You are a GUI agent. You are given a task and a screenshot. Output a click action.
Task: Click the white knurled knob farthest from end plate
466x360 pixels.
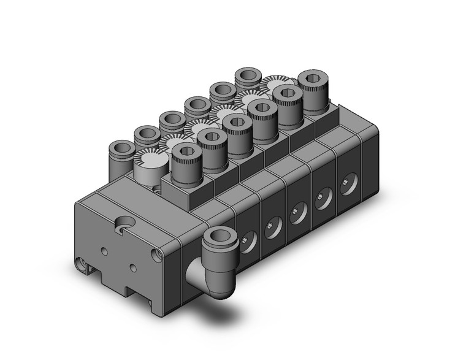click(x=275, y=82)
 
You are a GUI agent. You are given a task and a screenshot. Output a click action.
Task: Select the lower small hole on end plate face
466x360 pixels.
click(x=133, y=269)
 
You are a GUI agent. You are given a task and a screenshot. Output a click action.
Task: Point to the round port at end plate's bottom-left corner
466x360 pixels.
click(x=80, y=264)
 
